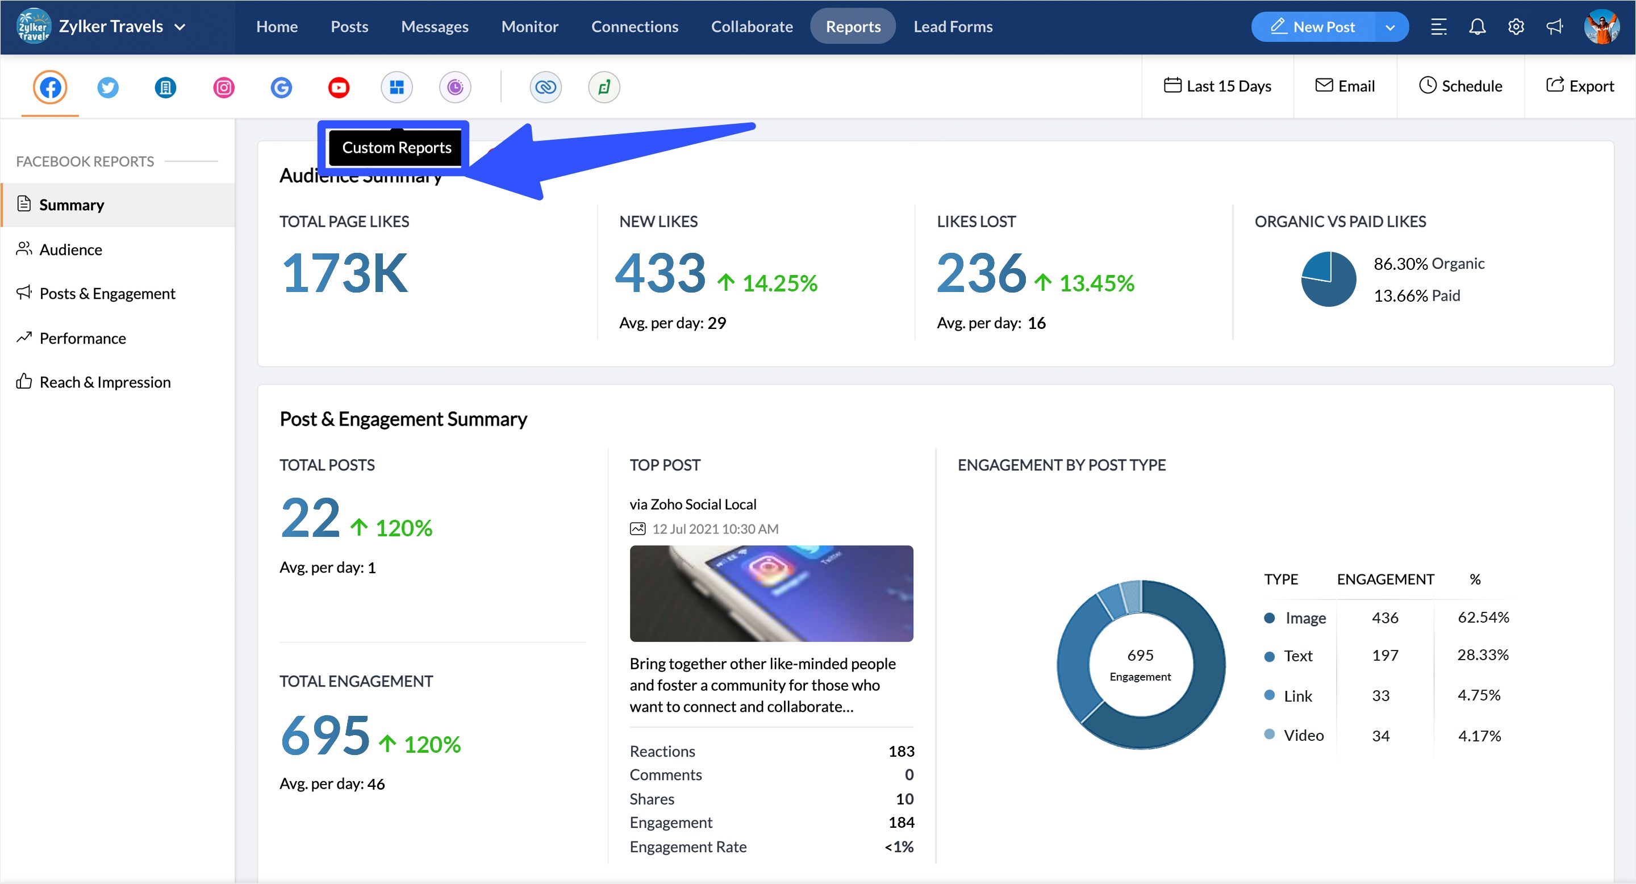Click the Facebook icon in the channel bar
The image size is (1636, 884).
pyautogui.click(x=50, y=87)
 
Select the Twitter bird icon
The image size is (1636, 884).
pyautogui.click(x=108, y=87)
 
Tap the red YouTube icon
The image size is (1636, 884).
pyautogui.click(x=339, y=87)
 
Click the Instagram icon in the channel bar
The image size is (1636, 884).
pyautogui.click(x=224, y=87)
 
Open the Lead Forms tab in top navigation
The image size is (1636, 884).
pyautogui.click(x=952, y=27)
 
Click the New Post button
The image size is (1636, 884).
pyautogui.click(x=1313, y=27)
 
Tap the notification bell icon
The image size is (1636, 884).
pyautogui.click(x=1477, y=27)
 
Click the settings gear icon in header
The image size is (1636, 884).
pyautogui.click(x=1516, y=27)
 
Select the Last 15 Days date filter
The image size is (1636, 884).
pyautogui.click(x=1217, y=86)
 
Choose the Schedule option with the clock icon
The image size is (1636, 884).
pyautogui.click(x=1460, y=86)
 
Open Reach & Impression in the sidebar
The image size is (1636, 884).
pyautogui.click(x=105, y=382)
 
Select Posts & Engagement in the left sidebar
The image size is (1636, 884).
pyautogui.click(x=107, y=293)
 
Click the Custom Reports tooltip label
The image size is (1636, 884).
pyautogui.click(x=397, y=147)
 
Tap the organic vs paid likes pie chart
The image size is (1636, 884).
pyautogui.click(x=1328, y=280)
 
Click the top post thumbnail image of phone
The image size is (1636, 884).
pyautogui.click(x=771, y=593)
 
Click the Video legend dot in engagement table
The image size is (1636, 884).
pyautogui.click(x=1269, y=735)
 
